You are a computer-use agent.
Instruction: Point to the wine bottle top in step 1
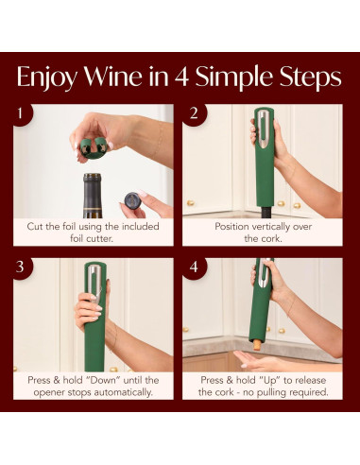(x=92, y=189)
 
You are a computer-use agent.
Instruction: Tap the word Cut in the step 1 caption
(x=38, y=227)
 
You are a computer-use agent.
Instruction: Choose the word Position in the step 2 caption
(x=213, y=227)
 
